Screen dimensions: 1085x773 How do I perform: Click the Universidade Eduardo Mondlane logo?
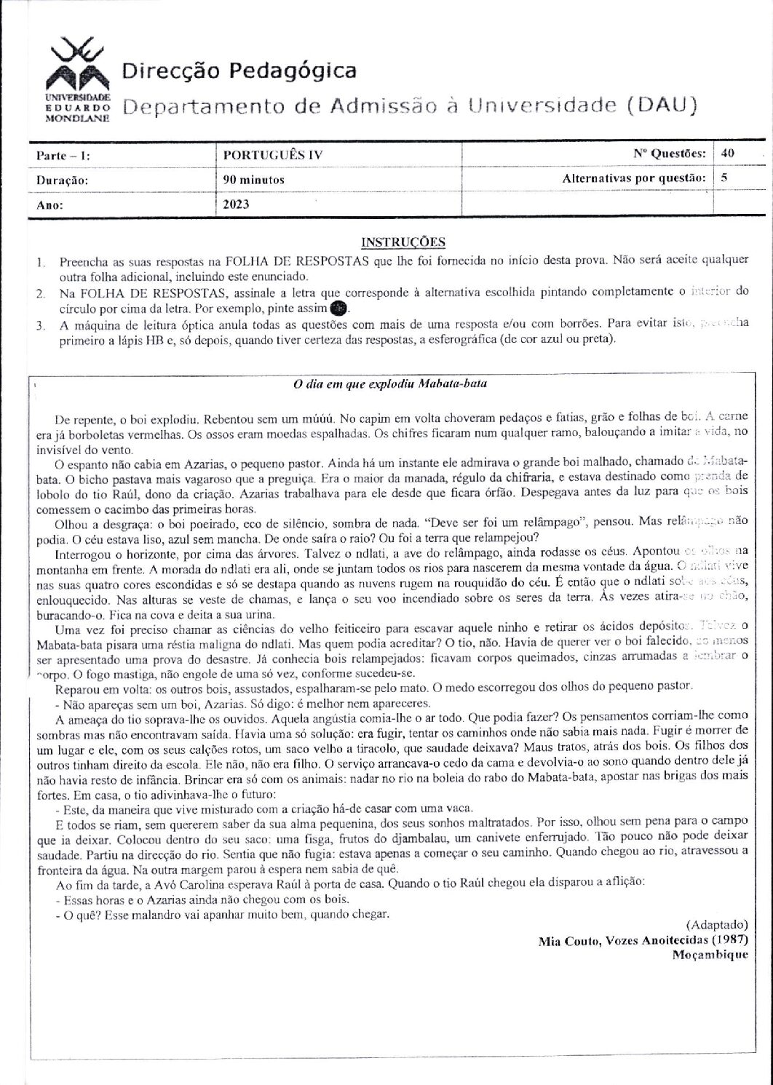click(77, 82)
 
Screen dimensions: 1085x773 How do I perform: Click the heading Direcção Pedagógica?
click(239, 71)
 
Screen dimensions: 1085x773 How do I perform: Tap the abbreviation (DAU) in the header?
click(661, 106)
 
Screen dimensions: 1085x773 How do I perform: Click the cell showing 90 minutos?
click(254, 179)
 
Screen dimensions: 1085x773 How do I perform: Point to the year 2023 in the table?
click(236, 204)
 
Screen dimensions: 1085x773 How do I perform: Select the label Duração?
click(62, 180)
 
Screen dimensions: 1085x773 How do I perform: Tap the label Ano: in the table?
click(49, 205)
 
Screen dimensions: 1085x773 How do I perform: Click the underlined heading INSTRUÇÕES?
click(403, 242)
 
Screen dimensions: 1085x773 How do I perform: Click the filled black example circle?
click(337, 309)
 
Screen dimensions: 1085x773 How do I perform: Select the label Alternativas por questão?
click(634, 178)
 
